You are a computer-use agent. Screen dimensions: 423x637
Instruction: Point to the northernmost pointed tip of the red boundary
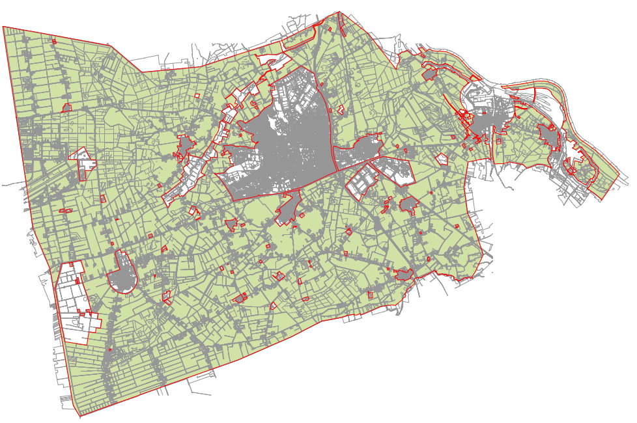click(340, 12)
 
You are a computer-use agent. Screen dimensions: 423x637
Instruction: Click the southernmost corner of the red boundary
click(79, 416)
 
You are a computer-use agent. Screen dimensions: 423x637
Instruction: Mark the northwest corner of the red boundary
click(3, 27)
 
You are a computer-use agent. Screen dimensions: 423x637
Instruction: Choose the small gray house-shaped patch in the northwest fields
click(66, 108)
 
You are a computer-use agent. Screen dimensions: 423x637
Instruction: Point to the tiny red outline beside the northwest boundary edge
click(55, 42)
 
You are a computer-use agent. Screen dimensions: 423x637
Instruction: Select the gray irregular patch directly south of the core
click(287, 210)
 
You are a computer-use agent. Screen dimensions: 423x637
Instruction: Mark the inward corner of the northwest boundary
click(143, 72)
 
